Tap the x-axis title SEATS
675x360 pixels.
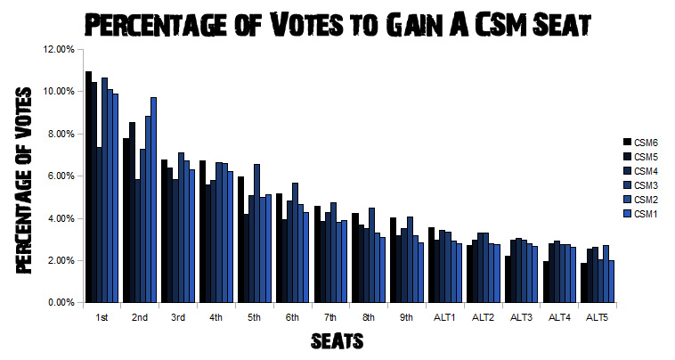pos(337,340)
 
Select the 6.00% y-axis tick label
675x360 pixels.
pos(60,176)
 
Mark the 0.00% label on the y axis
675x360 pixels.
pos(60,303)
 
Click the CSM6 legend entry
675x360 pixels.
pos(644,142)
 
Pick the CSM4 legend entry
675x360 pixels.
pos(644,170)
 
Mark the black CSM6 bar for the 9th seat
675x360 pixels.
pos(393,259)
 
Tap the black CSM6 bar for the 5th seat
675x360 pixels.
pos(240,240)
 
